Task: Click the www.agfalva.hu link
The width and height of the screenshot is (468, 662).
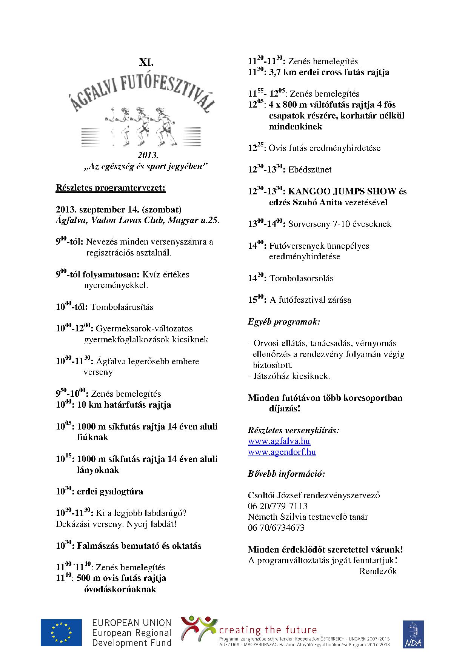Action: (x=279, y=441)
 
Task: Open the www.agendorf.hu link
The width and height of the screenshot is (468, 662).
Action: (x=282, y=452)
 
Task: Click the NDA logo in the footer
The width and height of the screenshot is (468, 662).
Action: (x=413, y=634)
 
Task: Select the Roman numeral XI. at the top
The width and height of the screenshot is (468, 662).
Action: (x=146, y=61)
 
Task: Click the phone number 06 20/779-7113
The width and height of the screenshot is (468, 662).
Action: (x=277, y=506)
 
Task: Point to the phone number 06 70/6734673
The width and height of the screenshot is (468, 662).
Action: (x=276, y=528)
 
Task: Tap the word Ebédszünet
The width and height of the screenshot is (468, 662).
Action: (x=310, y=169)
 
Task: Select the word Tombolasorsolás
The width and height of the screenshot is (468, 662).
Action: (x=301, y=278)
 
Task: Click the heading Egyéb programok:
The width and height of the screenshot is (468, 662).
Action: (x=284, y=322)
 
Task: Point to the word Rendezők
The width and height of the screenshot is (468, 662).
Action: (x=378, y=571)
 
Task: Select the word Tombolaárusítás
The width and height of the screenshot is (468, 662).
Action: (x=122, y=307)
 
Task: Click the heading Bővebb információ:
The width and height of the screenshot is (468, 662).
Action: (x=286, y=474)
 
